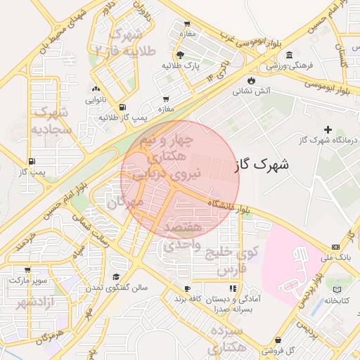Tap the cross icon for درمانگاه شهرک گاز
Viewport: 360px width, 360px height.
(328, 129)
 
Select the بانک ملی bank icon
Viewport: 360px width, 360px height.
(335, 247)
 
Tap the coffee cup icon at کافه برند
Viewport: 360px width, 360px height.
(188, 289)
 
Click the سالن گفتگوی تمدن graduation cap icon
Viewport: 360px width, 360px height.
(116, 276)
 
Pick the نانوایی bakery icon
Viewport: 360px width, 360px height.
(96, 89)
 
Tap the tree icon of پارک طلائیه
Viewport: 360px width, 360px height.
(181, 55)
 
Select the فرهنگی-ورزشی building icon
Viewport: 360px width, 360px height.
(290, 55)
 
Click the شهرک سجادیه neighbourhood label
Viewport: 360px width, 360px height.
(50, 121)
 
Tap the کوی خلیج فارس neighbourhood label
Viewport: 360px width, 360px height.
(237, 259)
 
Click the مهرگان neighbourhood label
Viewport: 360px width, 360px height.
(125, 202)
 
